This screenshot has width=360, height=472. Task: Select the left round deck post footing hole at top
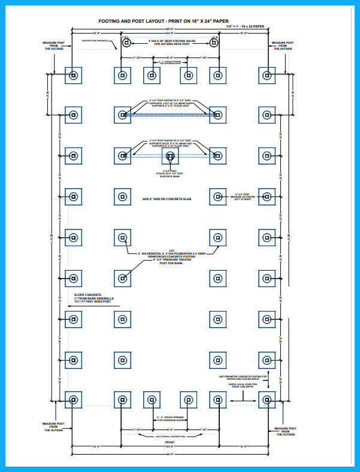coord(126,43)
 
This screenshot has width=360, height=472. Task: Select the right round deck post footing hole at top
coord(214,43)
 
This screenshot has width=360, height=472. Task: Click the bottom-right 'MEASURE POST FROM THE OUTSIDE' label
coord(284,431)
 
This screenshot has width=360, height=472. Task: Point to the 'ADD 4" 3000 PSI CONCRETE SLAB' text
coord(170,198)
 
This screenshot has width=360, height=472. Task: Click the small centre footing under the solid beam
coord(170,157)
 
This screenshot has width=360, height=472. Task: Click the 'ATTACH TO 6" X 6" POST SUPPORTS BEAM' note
coord(170,174)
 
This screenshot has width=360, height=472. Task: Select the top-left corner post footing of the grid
coord(73,75)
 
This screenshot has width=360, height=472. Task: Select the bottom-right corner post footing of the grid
coord(267,400)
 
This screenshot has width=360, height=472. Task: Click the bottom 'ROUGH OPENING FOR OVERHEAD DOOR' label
coord(170,418)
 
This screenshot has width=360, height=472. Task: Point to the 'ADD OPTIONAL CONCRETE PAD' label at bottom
coord(170,437)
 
